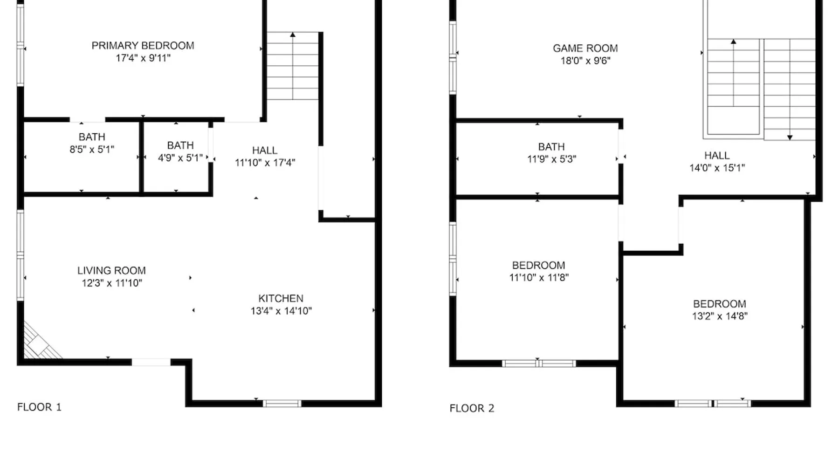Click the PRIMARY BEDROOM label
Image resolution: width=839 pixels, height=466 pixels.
tap(143, 46)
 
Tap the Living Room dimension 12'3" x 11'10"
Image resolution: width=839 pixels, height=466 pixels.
tap(112, 283)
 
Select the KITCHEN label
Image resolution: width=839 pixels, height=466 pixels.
tap(281, 298)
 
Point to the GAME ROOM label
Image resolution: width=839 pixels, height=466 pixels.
tap(585, 48)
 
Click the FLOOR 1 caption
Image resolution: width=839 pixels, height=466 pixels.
tap(39, 407)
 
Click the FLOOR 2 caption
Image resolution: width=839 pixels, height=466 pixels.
tap(472, 408)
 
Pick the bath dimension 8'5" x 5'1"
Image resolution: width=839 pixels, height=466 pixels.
tap(92, 149)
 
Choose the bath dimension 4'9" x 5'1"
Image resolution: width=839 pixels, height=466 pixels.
tap(180, 158)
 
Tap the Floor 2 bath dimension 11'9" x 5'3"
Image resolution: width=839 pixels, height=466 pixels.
tap(551, 159)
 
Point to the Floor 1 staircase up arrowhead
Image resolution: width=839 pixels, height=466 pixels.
tap(293, 34)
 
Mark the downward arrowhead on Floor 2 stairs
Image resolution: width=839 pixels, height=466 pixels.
tap(790, 137)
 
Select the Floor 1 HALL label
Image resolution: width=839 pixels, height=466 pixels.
tap(265, 151)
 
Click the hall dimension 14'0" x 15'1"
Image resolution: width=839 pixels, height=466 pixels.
tap(717, 168)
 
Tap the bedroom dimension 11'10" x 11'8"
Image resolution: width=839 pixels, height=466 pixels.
tap(539, 277)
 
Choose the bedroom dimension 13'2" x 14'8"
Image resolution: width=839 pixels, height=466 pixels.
tap(720, 316)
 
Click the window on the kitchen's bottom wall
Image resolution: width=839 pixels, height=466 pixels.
tap(282, 404)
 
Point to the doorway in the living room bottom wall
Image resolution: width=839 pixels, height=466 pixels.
tap(151, 362)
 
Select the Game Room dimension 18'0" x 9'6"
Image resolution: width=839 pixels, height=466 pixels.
tap(585, 61)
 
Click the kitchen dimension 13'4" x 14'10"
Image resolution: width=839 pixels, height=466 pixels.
tap(281, 311)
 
